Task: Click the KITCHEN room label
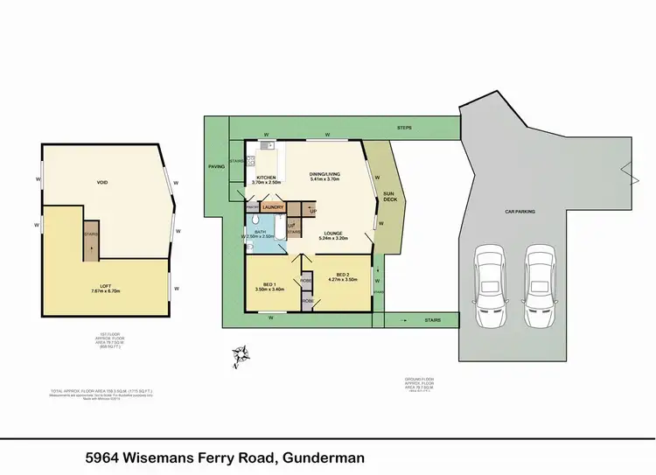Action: click(266, 178)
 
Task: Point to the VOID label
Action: click(102, 183)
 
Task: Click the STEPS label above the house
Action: click(403, 128)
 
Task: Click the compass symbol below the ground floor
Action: click(239, 353)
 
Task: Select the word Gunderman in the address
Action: click(320, 457)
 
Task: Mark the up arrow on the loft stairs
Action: click(90, 249)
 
